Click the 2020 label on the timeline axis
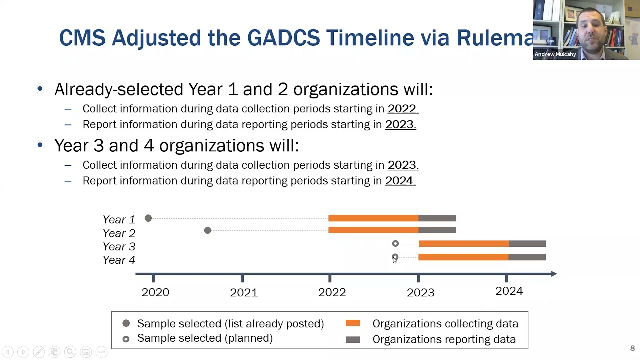(x=155, y=292)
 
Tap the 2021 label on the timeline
(x=244, y=292)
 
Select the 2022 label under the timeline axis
(x=332, y=292)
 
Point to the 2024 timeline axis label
(x=509, y=291)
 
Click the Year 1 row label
(x=119, y=219)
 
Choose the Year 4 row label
(x=119, y=260)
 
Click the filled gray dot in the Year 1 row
(x=148, y=218)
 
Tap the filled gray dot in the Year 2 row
(x=208, y=230)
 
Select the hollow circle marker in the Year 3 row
(x=395, y=244)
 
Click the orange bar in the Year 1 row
(x=373, y=218)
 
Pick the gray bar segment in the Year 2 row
(x=437, y=230)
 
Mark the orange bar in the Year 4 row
(x=463, y=257)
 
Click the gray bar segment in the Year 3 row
(x=527, y=244)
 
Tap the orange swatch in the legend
(x=353, y=324)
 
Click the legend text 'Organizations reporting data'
(x=444, y=339)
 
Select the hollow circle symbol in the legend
(x=126, y=339)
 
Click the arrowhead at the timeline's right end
(x=553, y=274)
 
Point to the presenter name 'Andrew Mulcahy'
(x=555, y=54)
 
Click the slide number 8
(x=632, y=348)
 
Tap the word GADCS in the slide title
(x=283, y=38)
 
